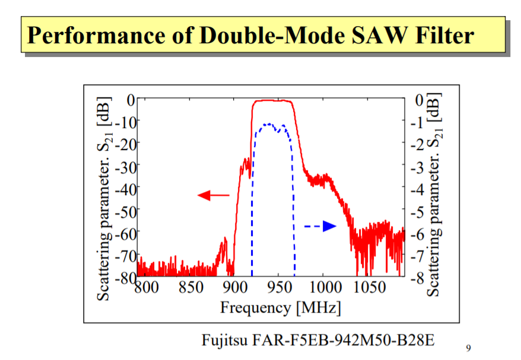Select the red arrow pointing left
coord(213,195)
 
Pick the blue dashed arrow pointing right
coord(321,226)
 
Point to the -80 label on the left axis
coord(125,276)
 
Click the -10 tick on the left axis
coord(125,121)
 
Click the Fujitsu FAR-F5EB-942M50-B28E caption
coord(318,340)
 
